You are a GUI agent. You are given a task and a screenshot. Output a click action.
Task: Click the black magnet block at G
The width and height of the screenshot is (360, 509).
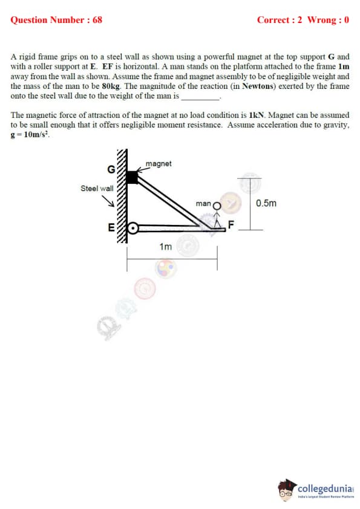pos(132,178)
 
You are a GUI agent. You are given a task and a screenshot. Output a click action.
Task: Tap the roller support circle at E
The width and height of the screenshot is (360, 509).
pos(133,229)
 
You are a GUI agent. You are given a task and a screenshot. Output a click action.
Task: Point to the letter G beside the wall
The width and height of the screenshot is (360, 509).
pos(111,169)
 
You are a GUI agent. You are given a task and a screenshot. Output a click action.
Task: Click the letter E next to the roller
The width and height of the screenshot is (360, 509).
pos(111,228)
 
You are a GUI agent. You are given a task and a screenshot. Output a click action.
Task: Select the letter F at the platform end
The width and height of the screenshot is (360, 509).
pos(231,225)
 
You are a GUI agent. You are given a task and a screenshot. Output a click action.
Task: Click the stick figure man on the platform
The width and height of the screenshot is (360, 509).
pos(217,215)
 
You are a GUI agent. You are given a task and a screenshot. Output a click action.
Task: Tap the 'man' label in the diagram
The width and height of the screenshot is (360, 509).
pos(203,204)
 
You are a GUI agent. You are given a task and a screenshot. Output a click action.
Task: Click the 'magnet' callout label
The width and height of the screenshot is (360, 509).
pos(159,164)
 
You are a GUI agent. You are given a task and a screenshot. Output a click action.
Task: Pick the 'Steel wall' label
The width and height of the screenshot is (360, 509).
pos(97,188)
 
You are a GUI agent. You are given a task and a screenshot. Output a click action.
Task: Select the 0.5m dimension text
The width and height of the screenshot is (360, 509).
pos(266,203)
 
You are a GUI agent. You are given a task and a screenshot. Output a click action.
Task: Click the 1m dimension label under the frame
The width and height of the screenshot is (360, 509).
pos(165,247)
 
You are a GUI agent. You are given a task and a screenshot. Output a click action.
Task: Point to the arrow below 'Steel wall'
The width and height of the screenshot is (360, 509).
pos(108,201)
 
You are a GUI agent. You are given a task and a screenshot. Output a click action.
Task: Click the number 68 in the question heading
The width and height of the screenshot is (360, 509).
pos(97,20)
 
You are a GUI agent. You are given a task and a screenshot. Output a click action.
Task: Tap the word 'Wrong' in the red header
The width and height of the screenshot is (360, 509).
pos(321,20)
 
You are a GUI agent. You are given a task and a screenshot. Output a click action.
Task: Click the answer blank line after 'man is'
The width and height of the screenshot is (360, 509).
pos(201,99)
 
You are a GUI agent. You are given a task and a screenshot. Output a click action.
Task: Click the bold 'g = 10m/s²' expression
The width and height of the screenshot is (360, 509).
pos(30,135)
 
